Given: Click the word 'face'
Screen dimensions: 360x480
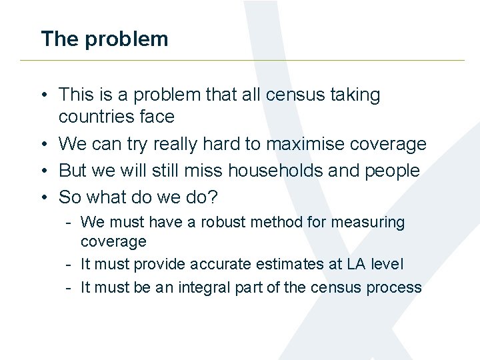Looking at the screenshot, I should point(157,117).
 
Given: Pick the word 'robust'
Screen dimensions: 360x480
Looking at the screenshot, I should point(221,222).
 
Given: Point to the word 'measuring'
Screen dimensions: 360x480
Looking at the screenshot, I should point(373,223).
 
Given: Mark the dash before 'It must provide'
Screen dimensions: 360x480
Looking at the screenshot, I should point(69,264).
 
